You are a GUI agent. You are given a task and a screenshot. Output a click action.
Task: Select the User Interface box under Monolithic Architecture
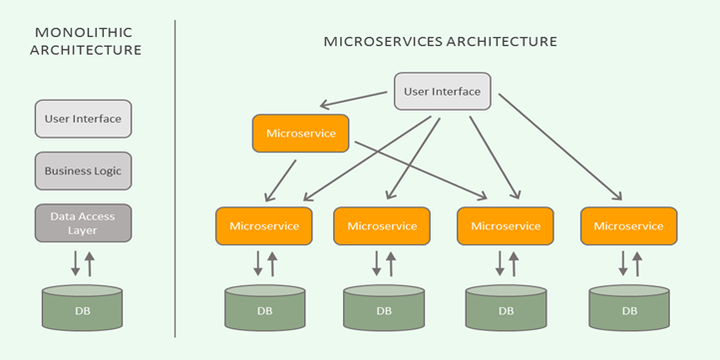tap(84, 119)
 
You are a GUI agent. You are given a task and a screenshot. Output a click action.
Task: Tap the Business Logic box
tap(84, 171)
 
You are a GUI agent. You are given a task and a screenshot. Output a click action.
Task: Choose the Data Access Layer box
tap(84, 222)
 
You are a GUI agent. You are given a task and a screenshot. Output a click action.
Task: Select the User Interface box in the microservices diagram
tap(442, 92)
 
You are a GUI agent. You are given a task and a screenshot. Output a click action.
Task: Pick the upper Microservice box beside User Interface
tap(300, 133)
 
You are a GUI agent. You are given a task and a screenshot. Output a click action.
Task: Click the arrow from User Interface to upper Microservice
tap(355, 100)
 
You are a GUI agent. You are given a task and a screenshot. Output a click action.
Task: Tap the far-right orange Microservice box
tap(628, 226)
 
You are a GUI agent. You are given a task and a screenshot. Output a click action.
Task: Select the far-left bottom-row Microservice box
tap(264, 226)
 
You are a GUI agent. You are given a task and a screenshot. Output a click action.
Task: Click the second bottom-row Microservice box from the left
tap(382, 226)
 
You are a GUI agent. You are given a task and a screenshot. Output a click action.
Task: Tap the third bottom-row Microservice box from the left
tap(506, 226)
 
